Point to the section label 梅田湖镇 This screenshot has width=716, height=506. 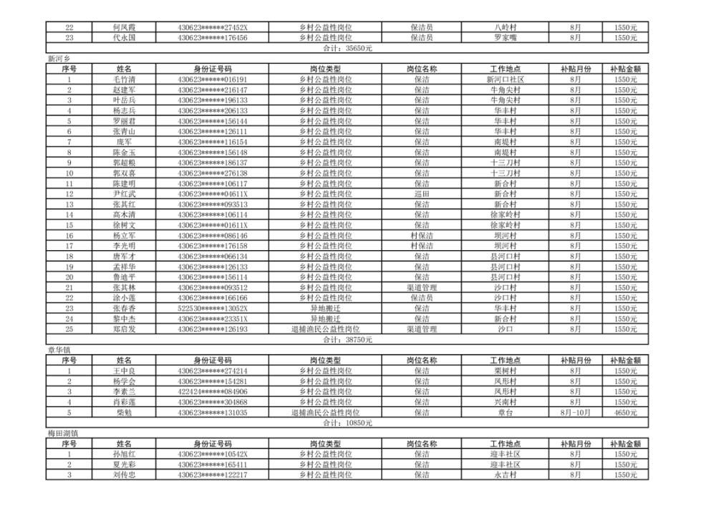(x=63, y=434)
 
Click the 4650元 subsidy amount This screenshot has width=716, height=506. (x=625, y=413)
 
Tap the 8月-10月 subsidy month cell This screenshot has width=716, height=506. (x=576, y=413)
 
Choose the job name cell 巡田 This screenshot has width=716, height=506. (x=422, y=194)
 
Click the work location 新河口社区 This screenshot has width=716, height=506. (x=505, y=80)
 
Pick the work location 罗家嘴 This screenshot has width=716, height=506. (x=505, y=38)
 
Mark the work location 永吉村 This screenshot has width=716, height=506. (x=505, y=475)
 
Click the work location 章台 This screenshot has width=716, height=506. (x=505, y=413)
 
